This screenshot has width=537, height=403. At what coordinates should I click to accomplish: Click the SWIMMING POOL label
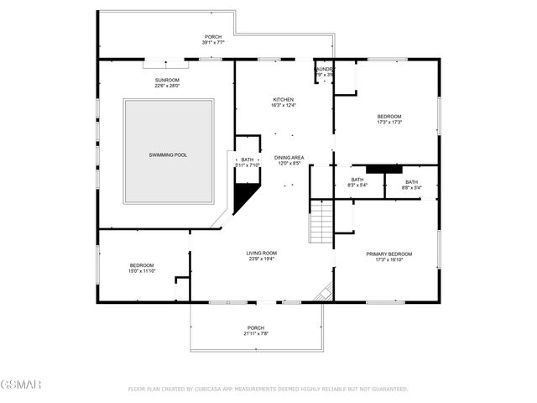pos(168,155)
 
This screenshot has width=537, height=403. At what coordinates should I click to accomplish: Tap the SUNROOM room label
pos(168,79)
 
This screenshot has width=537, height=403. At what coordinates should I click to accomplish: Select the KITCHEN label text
pos(283,98)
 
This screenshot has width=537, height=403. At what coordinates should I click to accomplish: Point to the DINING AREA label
pos(289,157)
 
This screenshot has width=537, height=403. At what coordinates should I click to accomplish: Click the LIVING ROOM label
pos(261,253)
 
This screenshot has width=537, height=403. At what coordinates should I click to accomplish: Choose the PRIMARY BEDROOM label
pos(388,254)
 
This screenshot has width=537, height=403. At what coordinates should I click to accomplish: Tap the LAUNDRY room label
pos(325,69)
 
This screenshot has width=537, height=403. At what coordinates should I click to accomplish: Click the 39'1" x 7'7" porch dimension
pos(214,43)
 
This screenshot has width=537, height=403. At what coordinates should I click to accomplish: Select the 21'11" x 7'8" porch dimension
pos(255,333)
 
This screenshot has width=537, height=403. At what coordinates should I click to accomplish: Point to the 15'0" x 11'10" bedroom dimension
pos(141,271)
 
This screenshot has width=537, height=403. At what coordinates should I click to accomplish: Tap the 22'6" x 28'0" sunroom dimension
pos(168,86)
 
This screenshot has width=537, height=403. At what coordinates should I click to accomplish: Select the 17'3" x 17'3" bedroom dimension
pos(388,123)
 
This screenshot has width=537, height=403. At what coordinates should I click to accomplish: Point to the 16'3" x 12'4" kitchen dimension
pos(283,105)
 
